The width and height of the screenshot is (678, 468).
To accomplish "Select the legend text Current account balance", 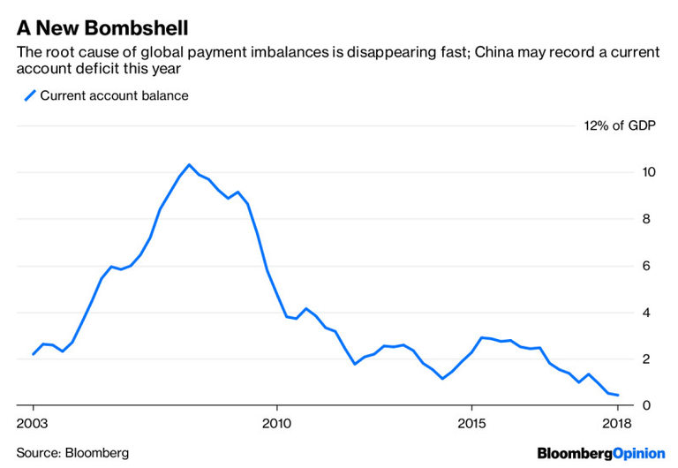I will point(115,95).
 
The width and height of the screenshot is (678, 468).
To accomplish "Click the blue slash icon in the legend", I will point(29,95).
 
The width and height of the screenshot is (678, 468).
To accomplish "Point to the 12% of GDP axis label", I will point(622,125).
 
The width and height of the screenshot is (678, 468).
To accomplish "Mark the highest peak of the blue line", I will point(189,165).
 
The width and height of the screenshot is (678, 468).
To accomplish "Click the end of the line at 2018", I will point(617,395).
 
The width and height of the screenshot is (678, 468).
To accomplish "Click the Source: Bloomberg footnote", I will point(72,453).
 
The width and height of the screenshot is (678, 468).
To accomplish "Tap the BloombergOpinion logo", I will point(601,453).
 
